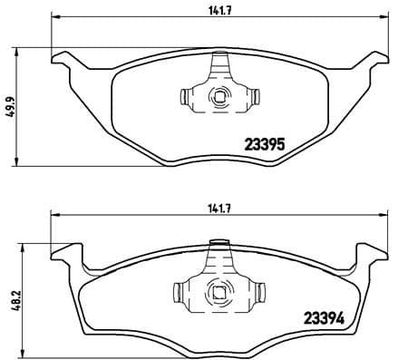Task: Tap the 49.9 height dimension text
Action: coord(9,106)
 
